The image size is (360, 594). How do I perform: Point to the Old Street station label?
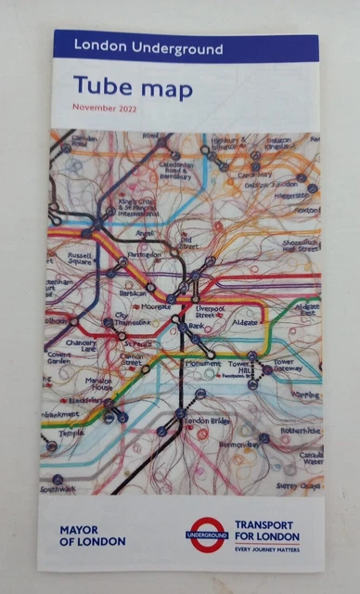[x=189, y=243]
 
